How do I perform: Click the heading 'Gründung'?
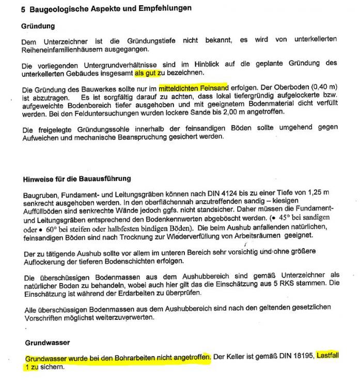click(38, 26)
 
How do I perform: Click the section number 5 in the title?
click(24, 9)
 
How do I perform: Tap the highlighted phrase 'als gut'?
click(145, 73)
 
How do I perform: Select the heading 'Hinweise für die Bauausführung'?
click(76, 179)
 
